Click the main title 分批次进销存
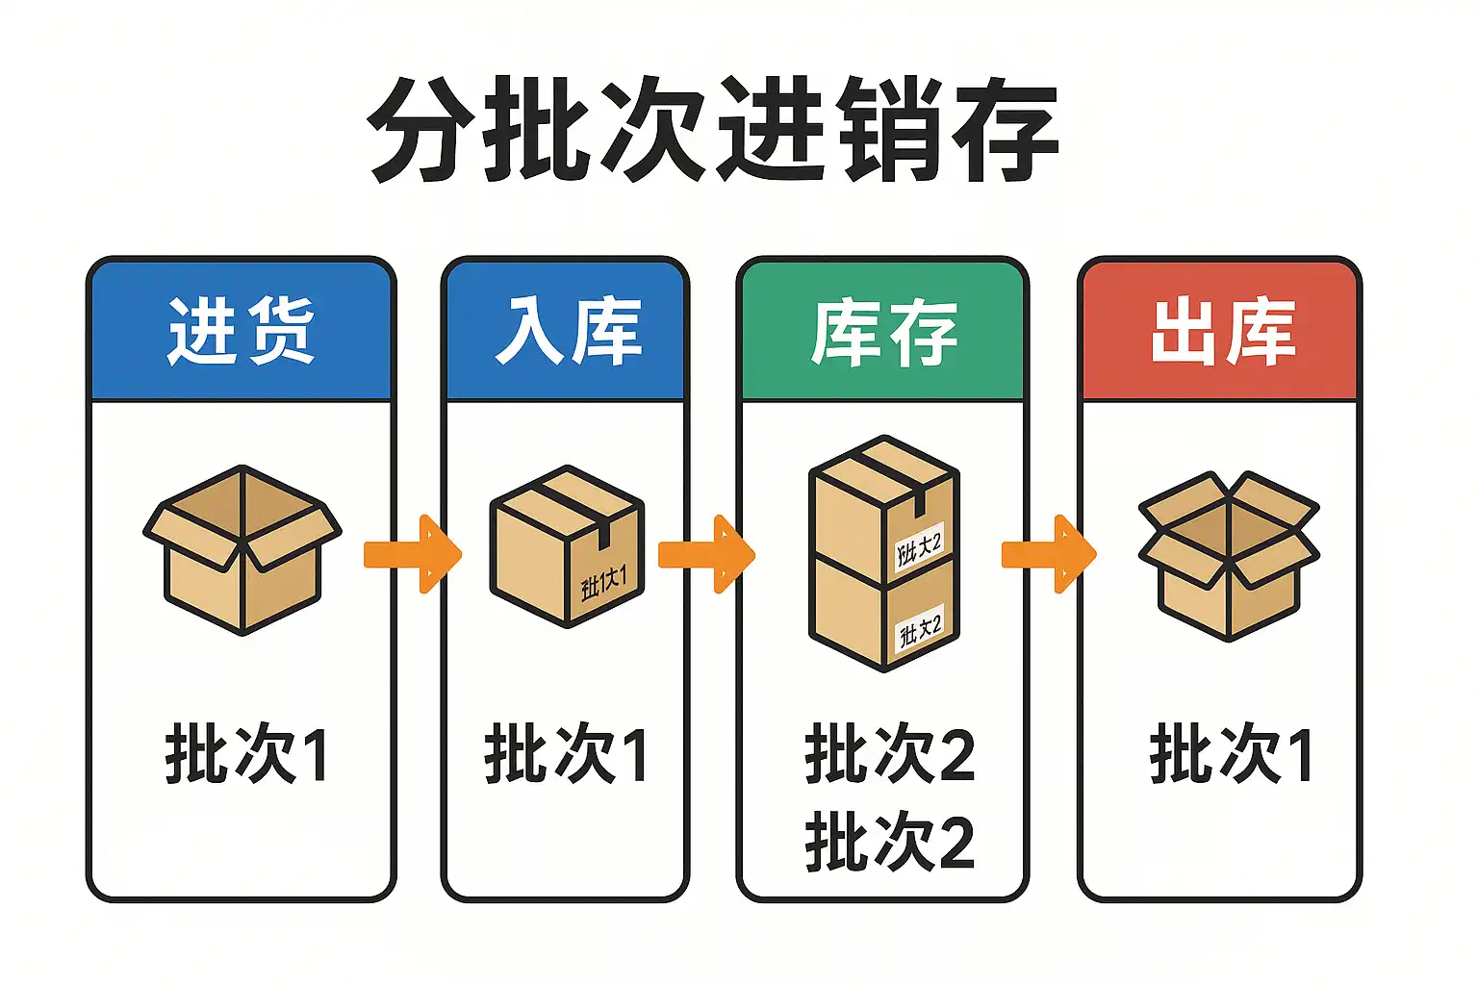coord(714,130)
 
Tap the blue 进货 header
coord(241,331)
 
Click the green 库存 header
coord(883,333)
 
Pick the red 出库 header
coord(1220,331)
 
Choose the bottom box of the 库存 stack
coord(883,616)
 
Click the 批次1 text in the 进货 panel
coord(246,755)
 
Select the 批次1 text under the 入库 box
coord(566,755)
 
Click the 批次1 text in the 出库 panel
coord(1231,755)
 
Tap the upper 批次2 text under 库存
coord(890,755)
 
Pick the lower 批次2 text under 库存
coord(890,842)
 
